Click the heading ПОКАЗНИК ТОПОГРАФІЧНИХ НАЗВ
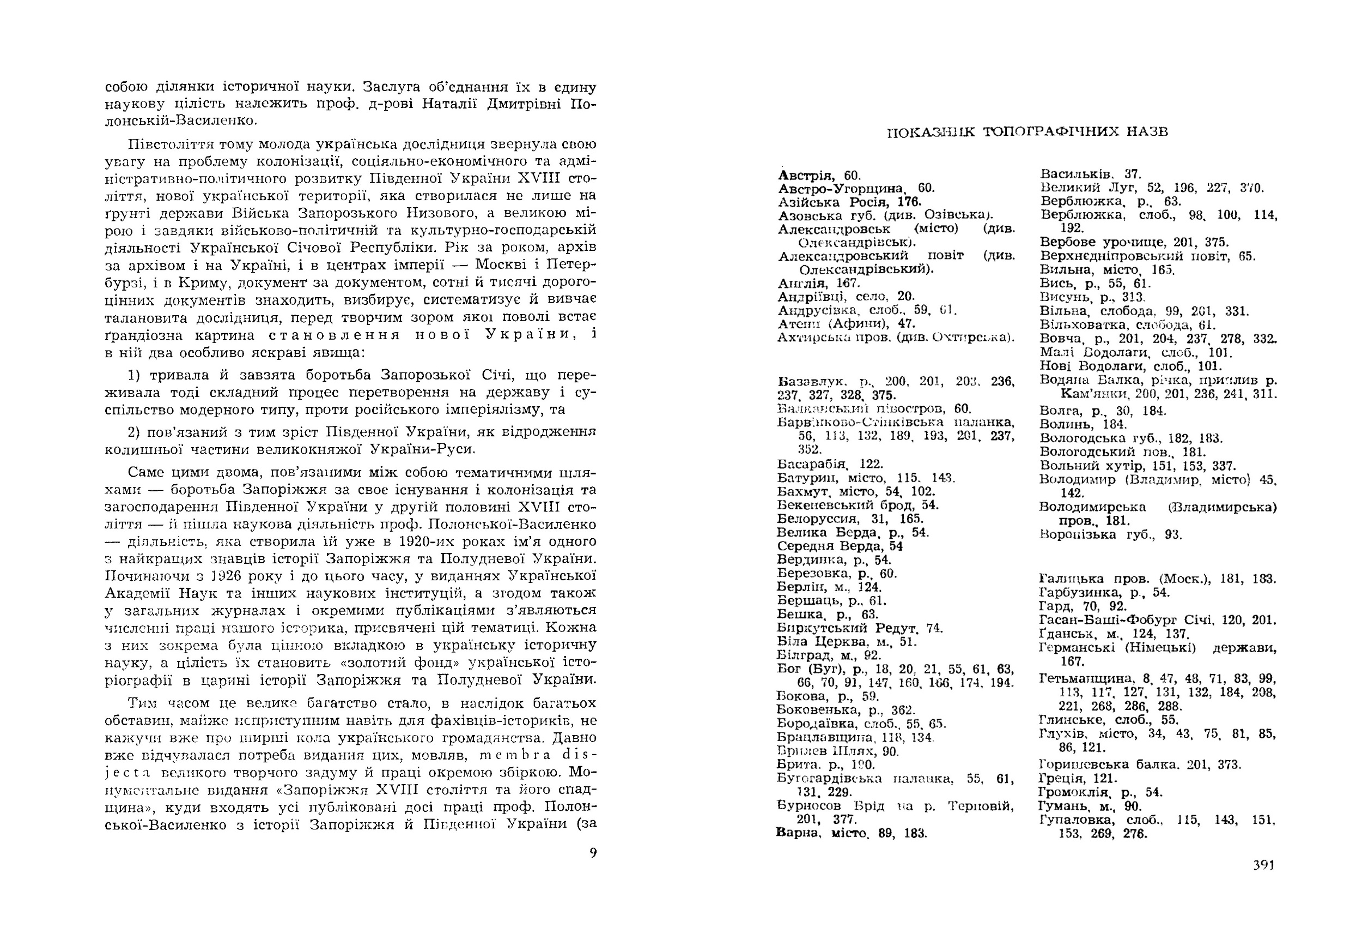tap(1027, 132)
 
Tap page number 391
tap(1263, 865)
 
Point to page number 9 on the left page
tap(593, 853)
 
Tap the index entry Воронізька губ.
tap(1077, 534)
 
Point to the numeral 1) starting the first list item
tap(133, 375)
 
